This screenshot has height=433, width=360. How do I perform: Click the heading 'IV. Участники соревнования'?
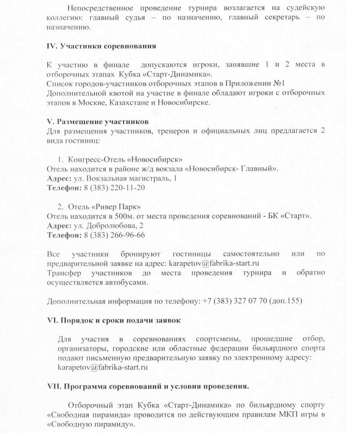coord(101,46)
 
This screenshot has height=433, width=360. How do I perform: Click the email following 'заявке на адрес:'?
coord(214,263)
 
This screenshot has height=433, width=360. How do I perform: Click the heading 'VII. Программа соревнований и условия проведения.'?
coord(148,386)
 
